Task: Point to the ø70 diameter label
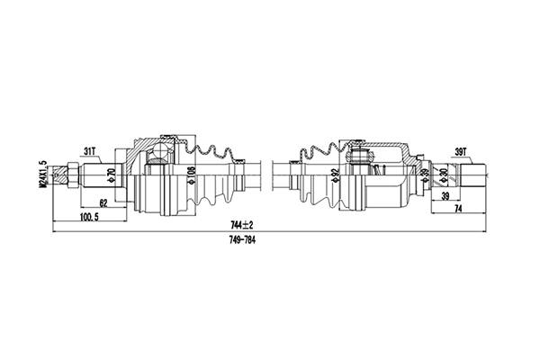(x=111, y=173)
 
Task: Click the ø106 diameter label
(x=191, y=173)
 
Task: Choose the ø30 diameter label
(x=442, y=173)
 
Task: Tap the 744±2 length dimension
(x=239, y=224)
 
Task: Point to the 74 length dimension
(x=458, y=209)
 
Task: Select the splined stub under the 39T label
(x=473, y=174)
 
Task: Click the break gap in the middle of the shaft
(x=267, y=173)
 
